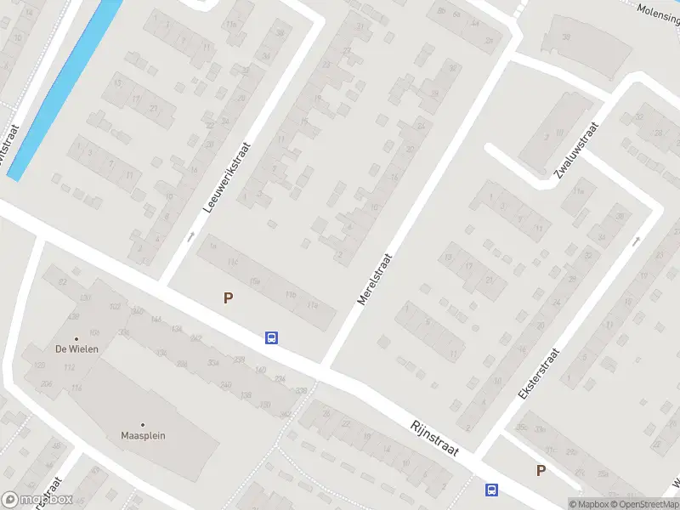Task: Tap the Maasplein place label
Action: point(143,436)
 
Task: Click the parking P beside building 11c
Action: point(228,297)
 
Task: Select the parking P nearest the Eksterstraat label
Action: point(540,470)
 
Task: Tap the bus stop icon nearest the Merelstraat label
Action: point(271,337)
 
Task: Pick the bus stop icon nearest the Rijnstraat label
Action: point(491,490)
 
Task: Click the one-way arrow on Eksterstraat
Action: point(636,242)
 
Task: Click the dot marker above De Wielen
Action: point(76,338)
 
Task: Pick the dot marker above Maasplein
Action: point(143,424)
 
